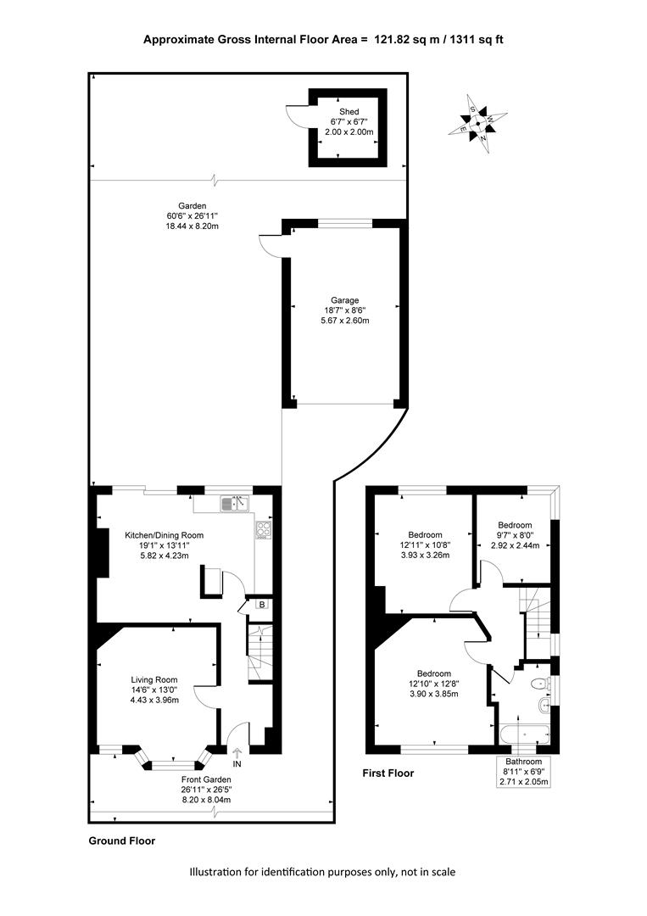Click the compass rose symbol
point(477,123)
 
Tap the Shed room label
point(349,112)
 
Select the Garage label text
point(344,300)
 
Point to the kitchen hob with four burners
point(264,529)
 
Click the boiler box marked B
point(262,604)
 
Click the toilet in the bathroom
point(538,684)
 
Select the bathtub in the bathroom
point(524,734)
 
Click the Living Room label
point(154,679)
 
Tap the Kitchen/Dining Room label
point(165,535)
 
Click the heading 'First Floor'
point(388,773)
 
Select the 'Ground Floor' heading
point(122,841)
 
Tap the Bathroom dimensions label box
point(524,771)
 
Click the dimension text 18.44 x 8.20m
point(192,226)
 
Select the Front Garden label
point(206,779)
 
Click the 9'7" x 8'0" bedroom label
point(515,534)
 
